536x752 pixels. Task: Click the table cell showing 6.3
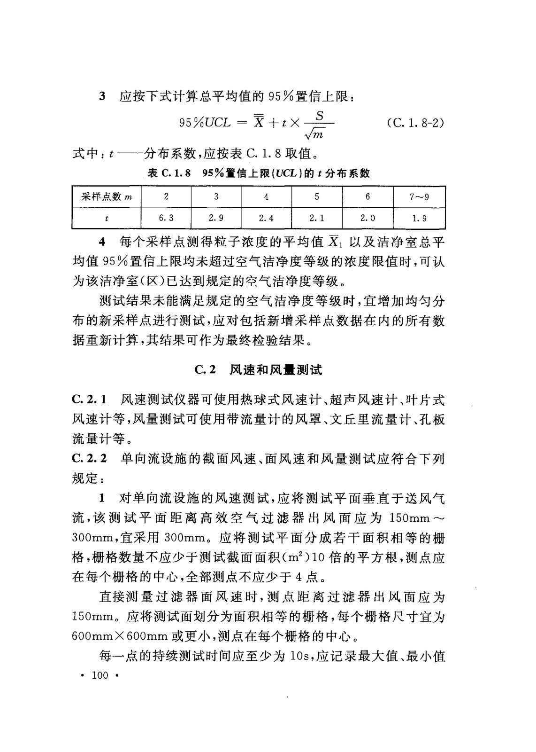coord(166,218)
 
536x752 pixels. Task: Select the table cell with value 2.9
coord(216,218)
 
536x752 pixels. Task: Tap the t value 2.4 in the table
coord(266,218)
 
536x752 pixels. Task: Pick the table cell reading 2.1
coord(317,218)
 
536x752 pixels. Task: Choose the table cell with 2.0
coord(368,218)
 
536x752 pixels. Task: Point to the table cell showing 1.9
coord(420,218)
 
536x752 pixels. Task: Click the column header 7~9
coord(420,197)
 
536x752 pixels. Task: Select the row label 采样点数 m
coord(107,197)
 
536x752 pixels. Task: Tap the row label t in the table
coord(107,218)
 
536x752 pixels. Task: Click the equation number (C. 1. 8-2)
coord(415,123)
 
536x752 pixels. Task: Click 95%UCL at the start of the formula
coord(205,123)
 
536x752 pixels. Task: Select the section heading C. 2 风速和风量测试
coord(258,370)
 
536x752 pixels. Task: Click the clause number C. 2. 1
coord(90,400)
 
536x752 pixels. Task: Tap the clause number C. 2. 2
coord(90,458)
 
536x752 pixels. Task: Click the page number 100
coord(100,675)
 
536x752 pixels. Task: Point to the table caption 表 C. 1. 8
coord(169,173)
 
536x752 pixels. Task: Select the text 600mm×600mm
coord(120,636)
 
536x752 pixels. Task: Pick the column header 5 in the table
coord(317,197)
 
